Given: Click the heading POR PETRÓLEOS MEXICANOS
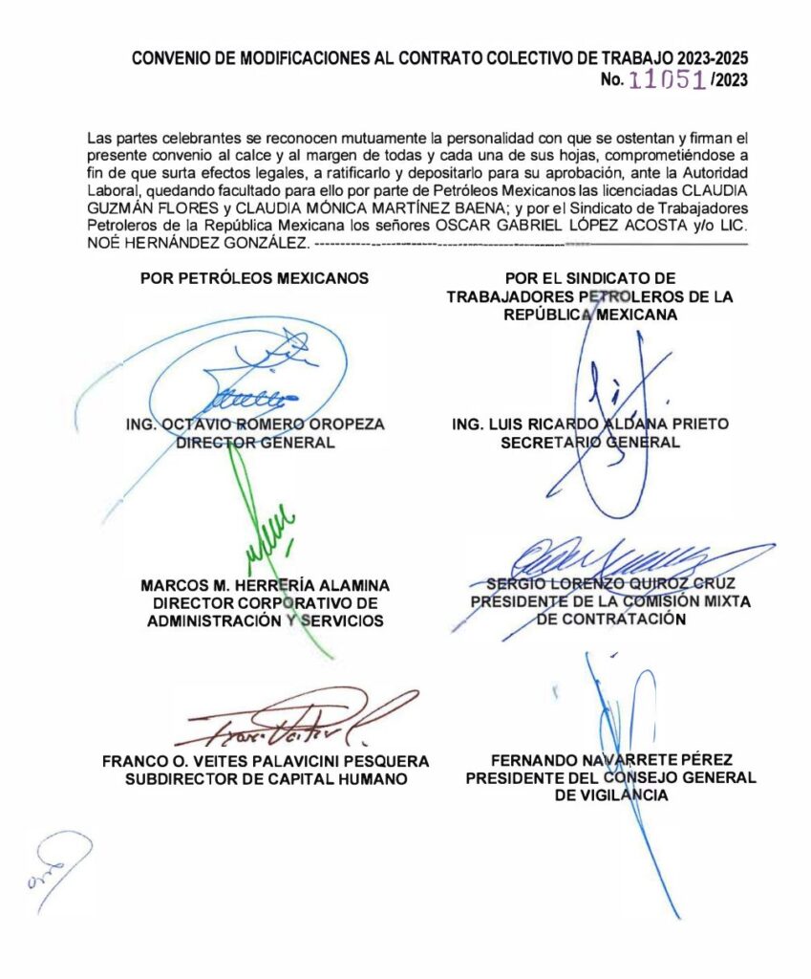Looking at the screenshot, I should click(254, 280).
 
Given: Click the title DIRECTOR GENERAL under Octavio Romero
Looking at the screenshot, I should click(255, 443).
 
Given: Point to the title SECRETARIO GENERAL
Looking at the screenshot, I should click(590, 443).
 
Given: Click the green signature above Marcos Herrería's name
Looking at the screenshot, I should click(270, 537).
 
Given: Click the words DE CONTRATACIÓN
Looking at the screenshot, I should click(611, 620).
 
